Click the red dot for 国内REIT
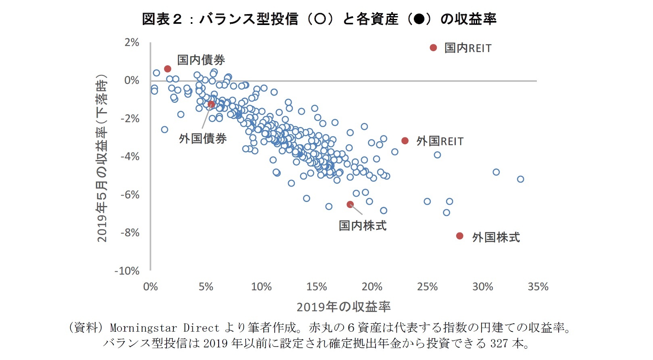click(x=434, y=48)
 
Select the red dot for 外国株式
click(x=460, y=236)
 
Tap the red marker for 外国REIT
click(x=405, y=141)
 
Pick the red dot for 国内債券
click(x=168, y=69)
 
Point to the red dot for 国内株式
click(x=350, y=204)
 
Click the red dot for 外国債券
click(x=211, y=104)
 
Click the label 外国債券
click(x=202, y=138)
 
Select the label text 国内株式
click(x=362, y=225)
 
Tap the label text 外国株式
click(x=496, y=237)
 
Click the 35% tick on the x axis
click(x=538, y=287)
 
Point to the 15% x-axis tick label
click(x=317, y=287)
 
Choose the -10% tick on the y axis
click(x=127, y=271)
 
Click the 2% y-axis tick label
click(x=132, y=42)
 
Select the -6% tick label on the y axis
click(x=130, y=195)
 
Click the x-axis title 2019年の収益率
click(x=343, y=307)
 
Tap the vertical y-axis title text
click(x=102, y=158)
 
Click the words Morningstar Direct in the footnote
click(x=165, y=327)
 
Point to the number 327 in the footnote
click(x=499, y=343)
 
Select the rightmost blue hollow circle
click(x=520, y=179)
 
